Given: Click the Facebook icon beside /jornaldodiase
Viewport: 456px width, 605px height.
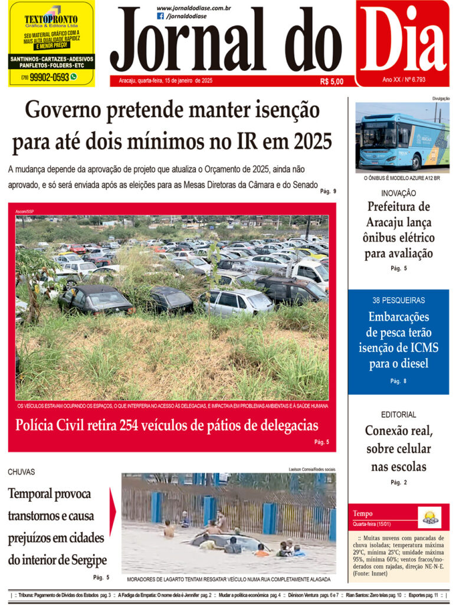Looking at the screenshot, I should coord(160,17).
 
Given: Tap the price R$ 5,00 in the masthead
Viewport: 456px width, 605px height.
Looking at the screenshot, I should coord(332,82).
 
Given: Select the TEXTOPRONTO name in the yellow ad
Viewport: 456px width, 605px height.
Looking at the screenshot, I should coord(51,19).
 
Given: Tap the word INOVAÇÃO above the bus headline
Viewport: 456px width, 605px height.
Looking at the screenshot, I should coord(398,193).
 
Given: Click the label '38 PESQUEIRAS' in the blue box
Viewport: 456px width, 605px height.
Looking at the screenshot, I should coord(398,300).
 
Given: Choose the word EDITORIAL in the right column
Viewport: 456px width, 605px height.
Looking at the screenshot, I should coord(398,415).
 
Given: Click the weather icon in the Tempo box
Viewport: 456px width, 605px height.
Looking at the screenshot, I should coord(429,518).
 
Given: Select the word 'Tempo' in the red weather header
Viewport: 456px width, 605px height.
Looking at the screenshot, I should coord(362,513).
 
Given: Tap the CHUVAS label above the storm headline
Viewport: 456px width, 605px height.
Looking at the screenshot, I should coord(21,472).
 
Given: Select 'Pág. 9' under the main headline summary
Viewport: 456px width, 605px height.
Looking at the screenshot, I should coord(328,191).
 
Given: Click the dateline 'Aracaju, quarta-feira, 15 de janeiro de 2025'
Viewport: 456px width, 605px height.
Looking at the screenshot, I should coord(165,80).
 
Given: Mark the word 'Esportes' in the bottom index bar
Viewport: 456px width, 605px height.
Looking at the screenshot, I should coord(421,594).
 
